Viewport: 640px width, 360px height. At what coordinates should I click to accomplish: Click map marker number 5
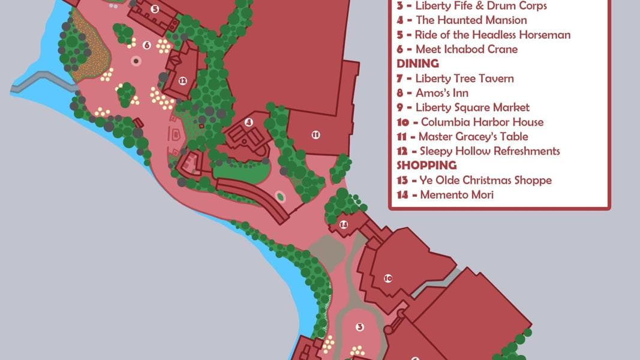tap(155, 9)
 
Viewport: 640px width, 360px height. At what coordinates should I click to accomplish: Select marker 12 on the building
tap(182, 80)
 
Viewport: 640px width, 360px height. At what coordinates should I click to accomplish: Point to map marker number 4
tap(248, 122)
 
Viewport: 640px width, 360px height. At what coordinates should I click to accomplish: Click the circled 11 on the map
tap(316, 134)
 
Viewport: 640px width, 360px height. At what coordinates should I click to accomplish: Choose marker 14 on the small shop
tap(344, 225)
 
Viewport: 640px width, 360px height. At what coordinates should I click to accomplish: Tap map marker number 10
tap(387, 278)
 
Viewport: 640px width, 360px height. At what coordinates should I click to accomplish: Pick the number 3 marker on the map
tap(360, 327)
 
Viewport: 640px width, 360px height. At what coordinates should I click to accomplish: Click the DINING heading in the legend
tap(417, 64)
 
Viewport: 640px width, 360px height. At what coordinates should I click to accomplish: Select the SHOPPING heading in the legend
tap(426, 165)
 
